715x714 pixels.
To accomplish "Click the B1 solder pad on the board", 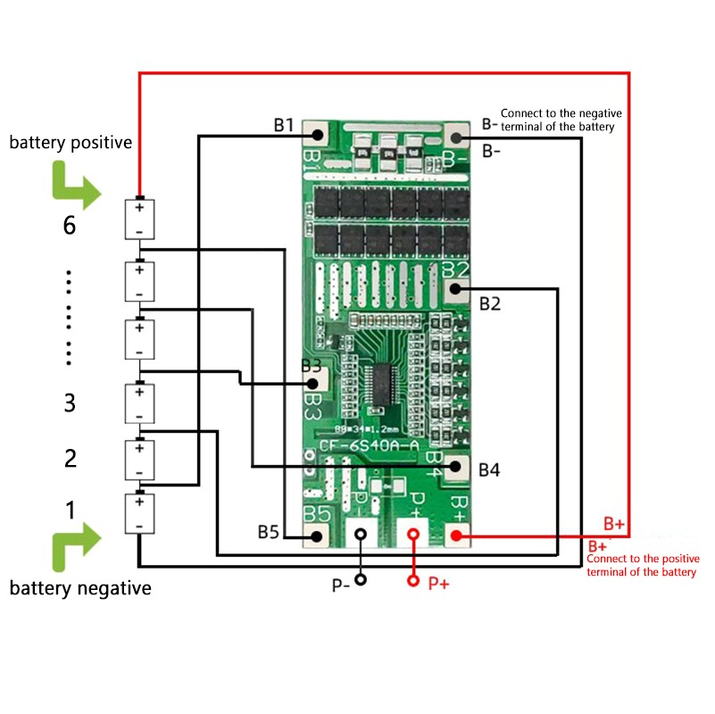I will click(316, 135).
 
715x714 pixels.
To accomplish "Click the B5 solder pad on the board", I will click(316, 535).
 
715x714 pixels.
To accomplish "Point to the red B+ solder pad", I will click(456, 535).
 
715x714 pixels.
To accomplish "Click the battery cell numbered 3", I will click(139, 403).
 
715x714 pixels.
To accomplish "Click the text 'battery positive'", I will click(71, 142).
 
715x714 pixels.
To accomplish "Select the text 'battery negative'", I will click(80, 588).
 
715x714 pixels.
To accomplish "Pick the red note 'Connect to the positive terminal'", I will click(643, 565).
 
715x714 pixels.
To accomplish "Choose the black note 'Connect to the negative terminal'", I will click(561, 120).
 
